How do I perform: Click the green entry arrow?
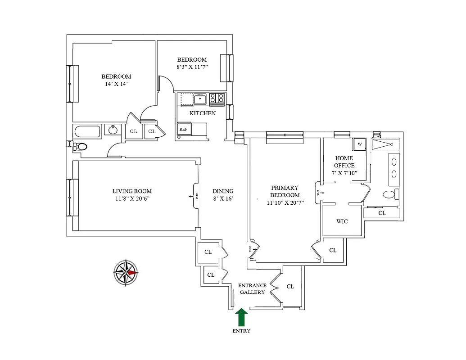[242, 317]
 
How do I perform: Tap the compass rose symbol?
[126, 273]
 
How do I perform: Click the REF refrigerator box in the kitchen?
[184, 129]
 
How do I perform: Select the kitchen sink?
[200, 99]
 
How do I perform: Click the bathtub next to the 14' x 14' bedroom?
[87, 132]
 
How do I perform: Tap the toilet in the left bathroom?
[80, 147]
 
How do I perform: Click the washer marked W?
[360, 144]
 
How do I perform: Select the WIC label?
[342, 221]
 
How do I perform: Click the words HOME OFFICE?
[344, 162]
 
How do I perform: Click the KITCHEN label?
[202, 113]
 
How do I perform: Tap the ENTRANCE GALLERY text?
[252, 289]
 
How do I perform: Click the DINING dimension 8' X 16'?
[223, 198]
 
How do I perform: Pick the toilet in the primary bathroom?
[390, 194]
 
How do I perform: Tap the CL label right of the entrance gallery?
[290, 286]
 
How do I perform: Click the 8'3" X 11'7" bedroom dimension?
[192, 67]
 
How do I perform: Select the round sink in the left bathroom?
[112, 130]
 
